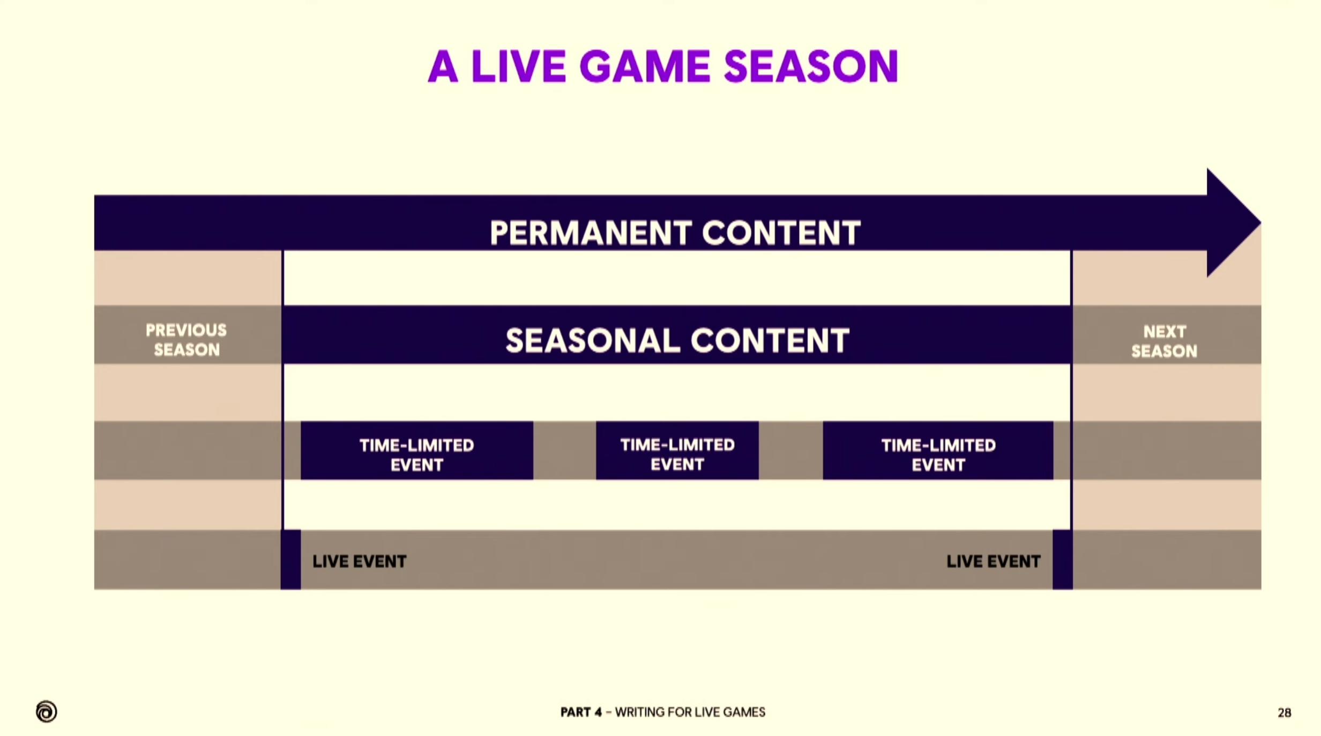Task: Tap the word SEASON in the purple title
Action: point(811,66)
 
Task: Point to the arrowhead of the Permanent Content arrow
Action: point(1233,223)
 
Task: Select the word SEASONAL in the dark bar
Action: point(593,341)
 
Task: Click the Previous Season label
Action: point(186,340)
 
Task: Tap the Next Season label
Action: point(1163,341)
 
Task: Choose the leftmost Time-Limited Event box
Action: point(416,450)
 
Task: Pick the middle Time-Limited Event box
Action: point(677,450)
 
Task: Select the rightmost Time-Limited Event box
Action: point(938,450)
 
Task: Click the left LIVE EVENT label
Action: point(359,561)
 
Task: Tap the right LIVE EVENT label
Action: point(993,561)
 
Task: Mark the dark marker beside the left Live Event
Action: point(290,560)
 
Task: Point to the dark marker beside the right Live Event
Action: point(1062,560)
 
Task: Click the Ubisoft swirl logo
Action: point(46,711)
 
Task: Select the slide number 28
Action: point(1284,713)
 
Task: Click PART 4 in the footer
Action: point(581,712)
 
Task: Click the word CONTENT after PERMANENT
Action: point(781,233)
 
